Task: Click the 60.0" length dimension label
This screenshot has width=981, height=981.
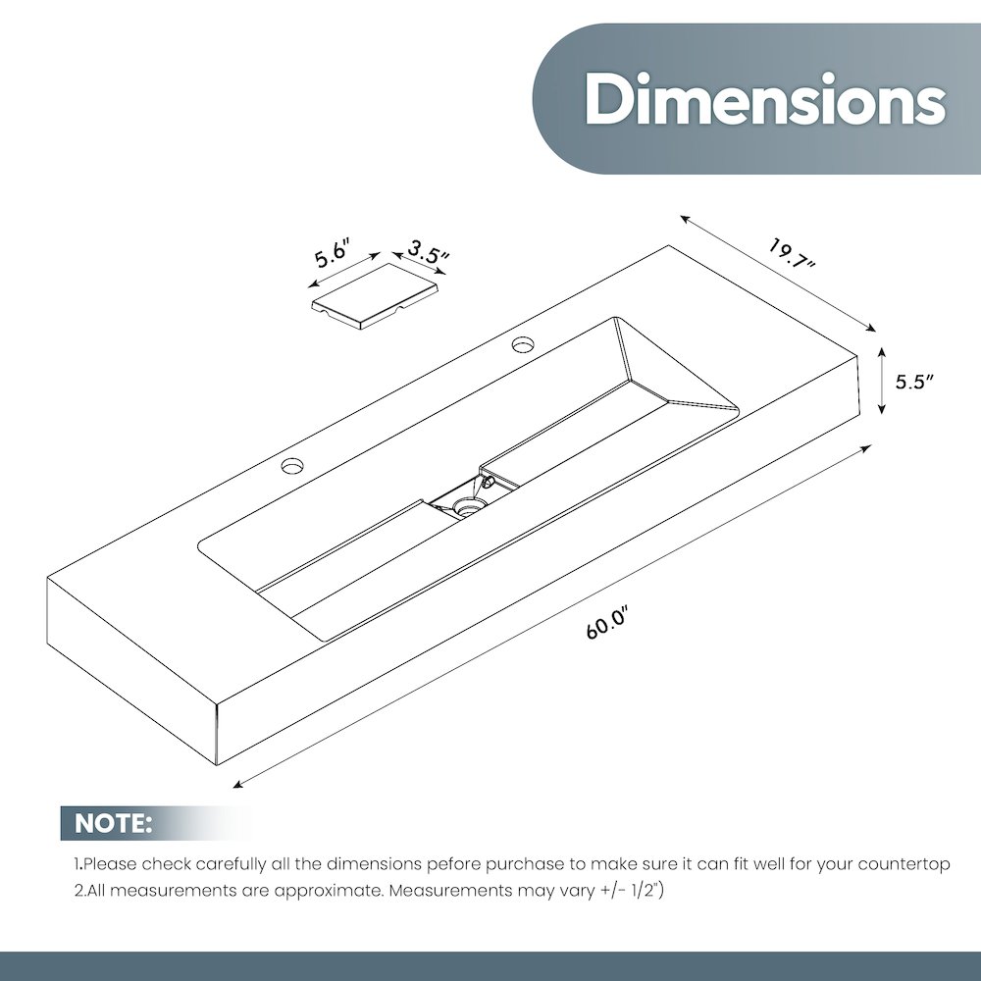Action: (606, 624)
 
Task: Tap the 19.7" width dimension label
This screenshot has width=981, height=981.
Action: (793, 253)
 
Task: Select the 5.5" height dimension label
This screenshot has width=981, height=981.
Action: (914, 382)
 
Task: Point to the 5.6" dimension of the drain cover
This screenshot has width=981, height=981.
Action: (331, 251)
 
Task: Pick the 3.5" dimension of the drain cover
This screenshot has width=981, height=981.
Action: (429, 251)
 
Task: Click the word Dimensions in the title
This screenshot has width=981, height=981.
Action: (764, 99)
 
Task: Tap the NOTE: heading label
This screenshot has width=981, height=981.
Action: (113, 823)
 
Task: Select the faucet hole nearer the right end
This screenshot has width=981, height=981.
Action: (523, 343)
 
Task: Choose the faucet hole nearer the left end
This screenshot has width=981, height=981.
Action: (292, 465)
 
